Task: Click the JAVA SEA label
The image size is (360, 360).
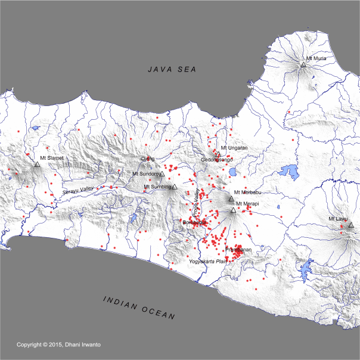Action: pos(173,70)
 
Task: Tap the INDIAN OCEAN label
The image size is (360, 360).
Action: pos(138,306)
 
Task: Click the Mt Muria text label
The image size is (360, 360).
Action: pos(316,58)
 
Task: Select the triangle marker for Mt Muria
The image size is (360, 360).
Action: pos(303,64)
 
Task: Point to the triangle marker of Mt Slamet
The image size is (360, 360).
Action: pos(37,164)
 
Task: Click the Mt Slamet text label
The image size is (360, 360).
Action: pos(51,158)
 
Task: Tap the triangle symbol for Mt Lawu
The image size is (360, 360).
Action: pos(351,225)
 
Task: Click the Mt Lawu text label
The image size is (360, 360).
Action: pos(338,219)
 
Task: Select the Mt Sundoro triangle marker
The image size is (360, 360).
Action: pos(162,174)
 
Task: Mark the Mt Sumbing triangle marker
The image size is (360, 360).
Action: pos(175,187)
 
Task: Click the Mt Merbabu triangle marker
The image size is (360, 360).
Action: pos(231,198)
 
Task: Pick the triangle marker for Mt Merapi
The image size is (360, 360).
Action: pos(233,210)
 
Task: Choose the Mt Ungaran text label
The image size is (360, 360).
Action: pos(234,147)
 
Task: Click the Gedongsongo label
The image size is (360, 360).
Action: pos(217,160)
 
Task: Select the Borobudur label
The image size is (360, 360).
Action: pos(194,222)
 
